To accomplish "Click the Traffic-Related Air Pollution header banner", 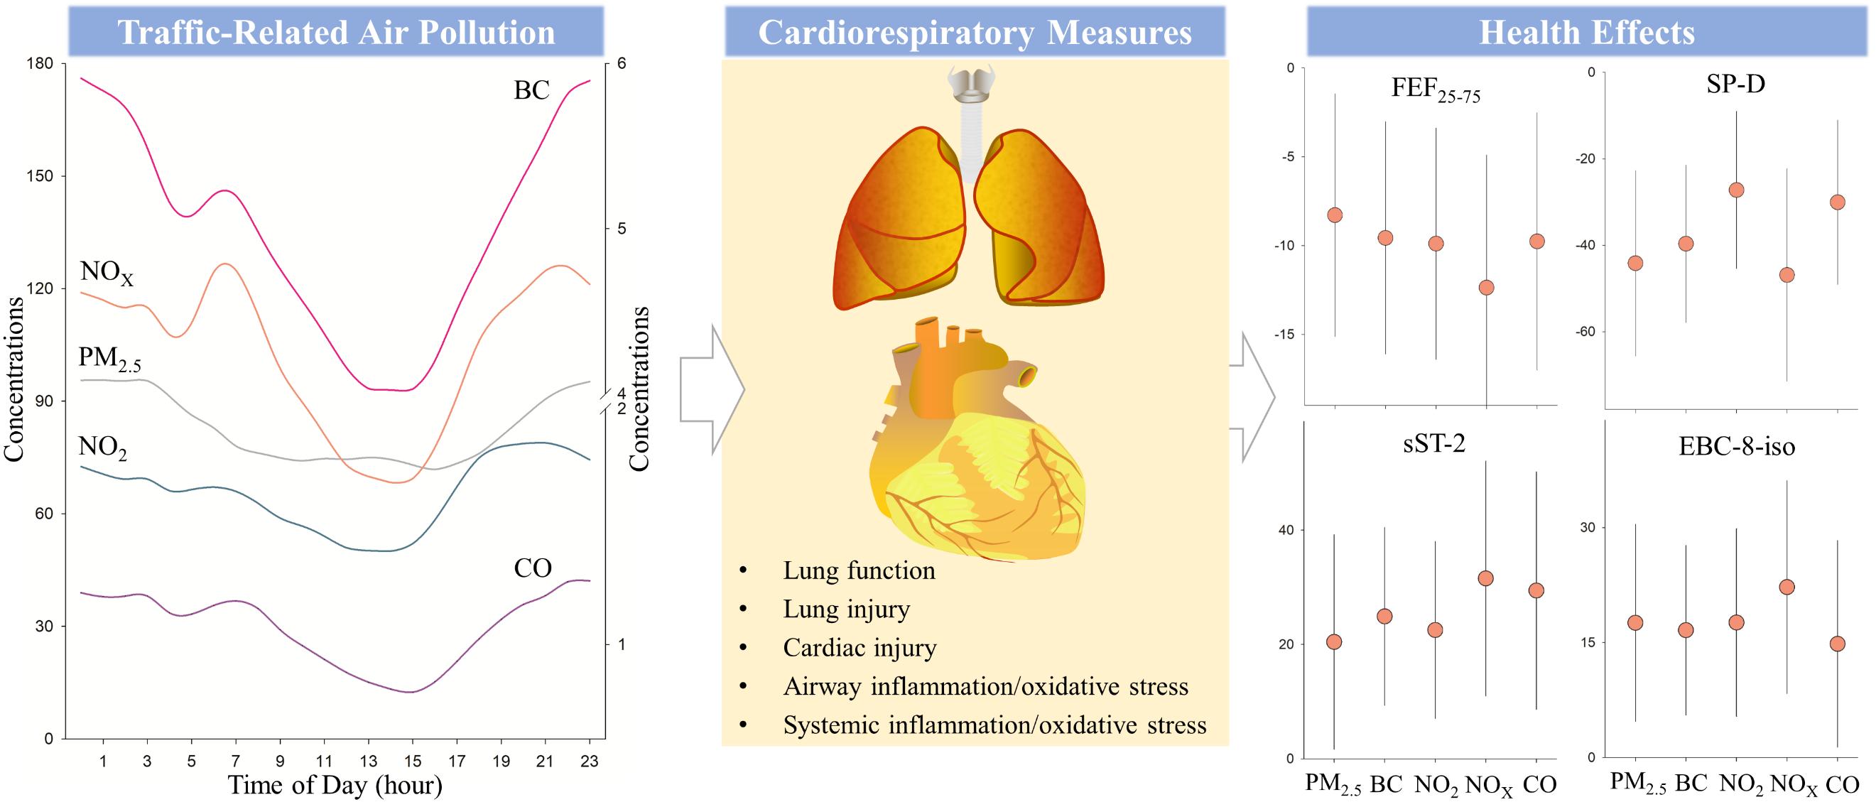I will click(336, 32).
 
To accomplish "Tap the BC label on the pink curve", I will click(531, 90).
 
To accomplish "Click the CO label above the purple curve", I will click(532, 568).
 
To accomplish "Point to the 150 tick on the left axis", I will click(39, 176).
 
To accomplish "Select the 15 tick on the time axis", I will click(412, 762).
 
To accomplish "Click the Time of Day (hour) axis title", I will click(335, 785).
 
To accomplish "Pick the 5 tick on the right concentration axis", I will click(622, 229).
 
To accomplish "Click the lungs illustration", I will click(969, 219).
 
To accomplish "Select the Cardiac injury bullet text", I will click(860, 648).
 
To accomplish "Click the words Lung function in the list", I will click(859, 570).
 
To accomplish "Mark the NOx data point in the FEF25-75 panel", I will click(1487, 288).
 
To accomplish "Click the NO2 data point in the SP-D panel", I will click(1736, 190).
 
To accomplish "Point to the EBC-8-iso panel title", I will click(1736, 446).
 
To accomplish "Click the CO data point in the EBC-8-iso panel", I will click(1838, 644).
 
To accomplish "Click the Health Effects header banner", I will click(1586, 32).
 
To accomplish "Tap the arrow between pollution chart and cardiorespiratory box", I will click(710, 390).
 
